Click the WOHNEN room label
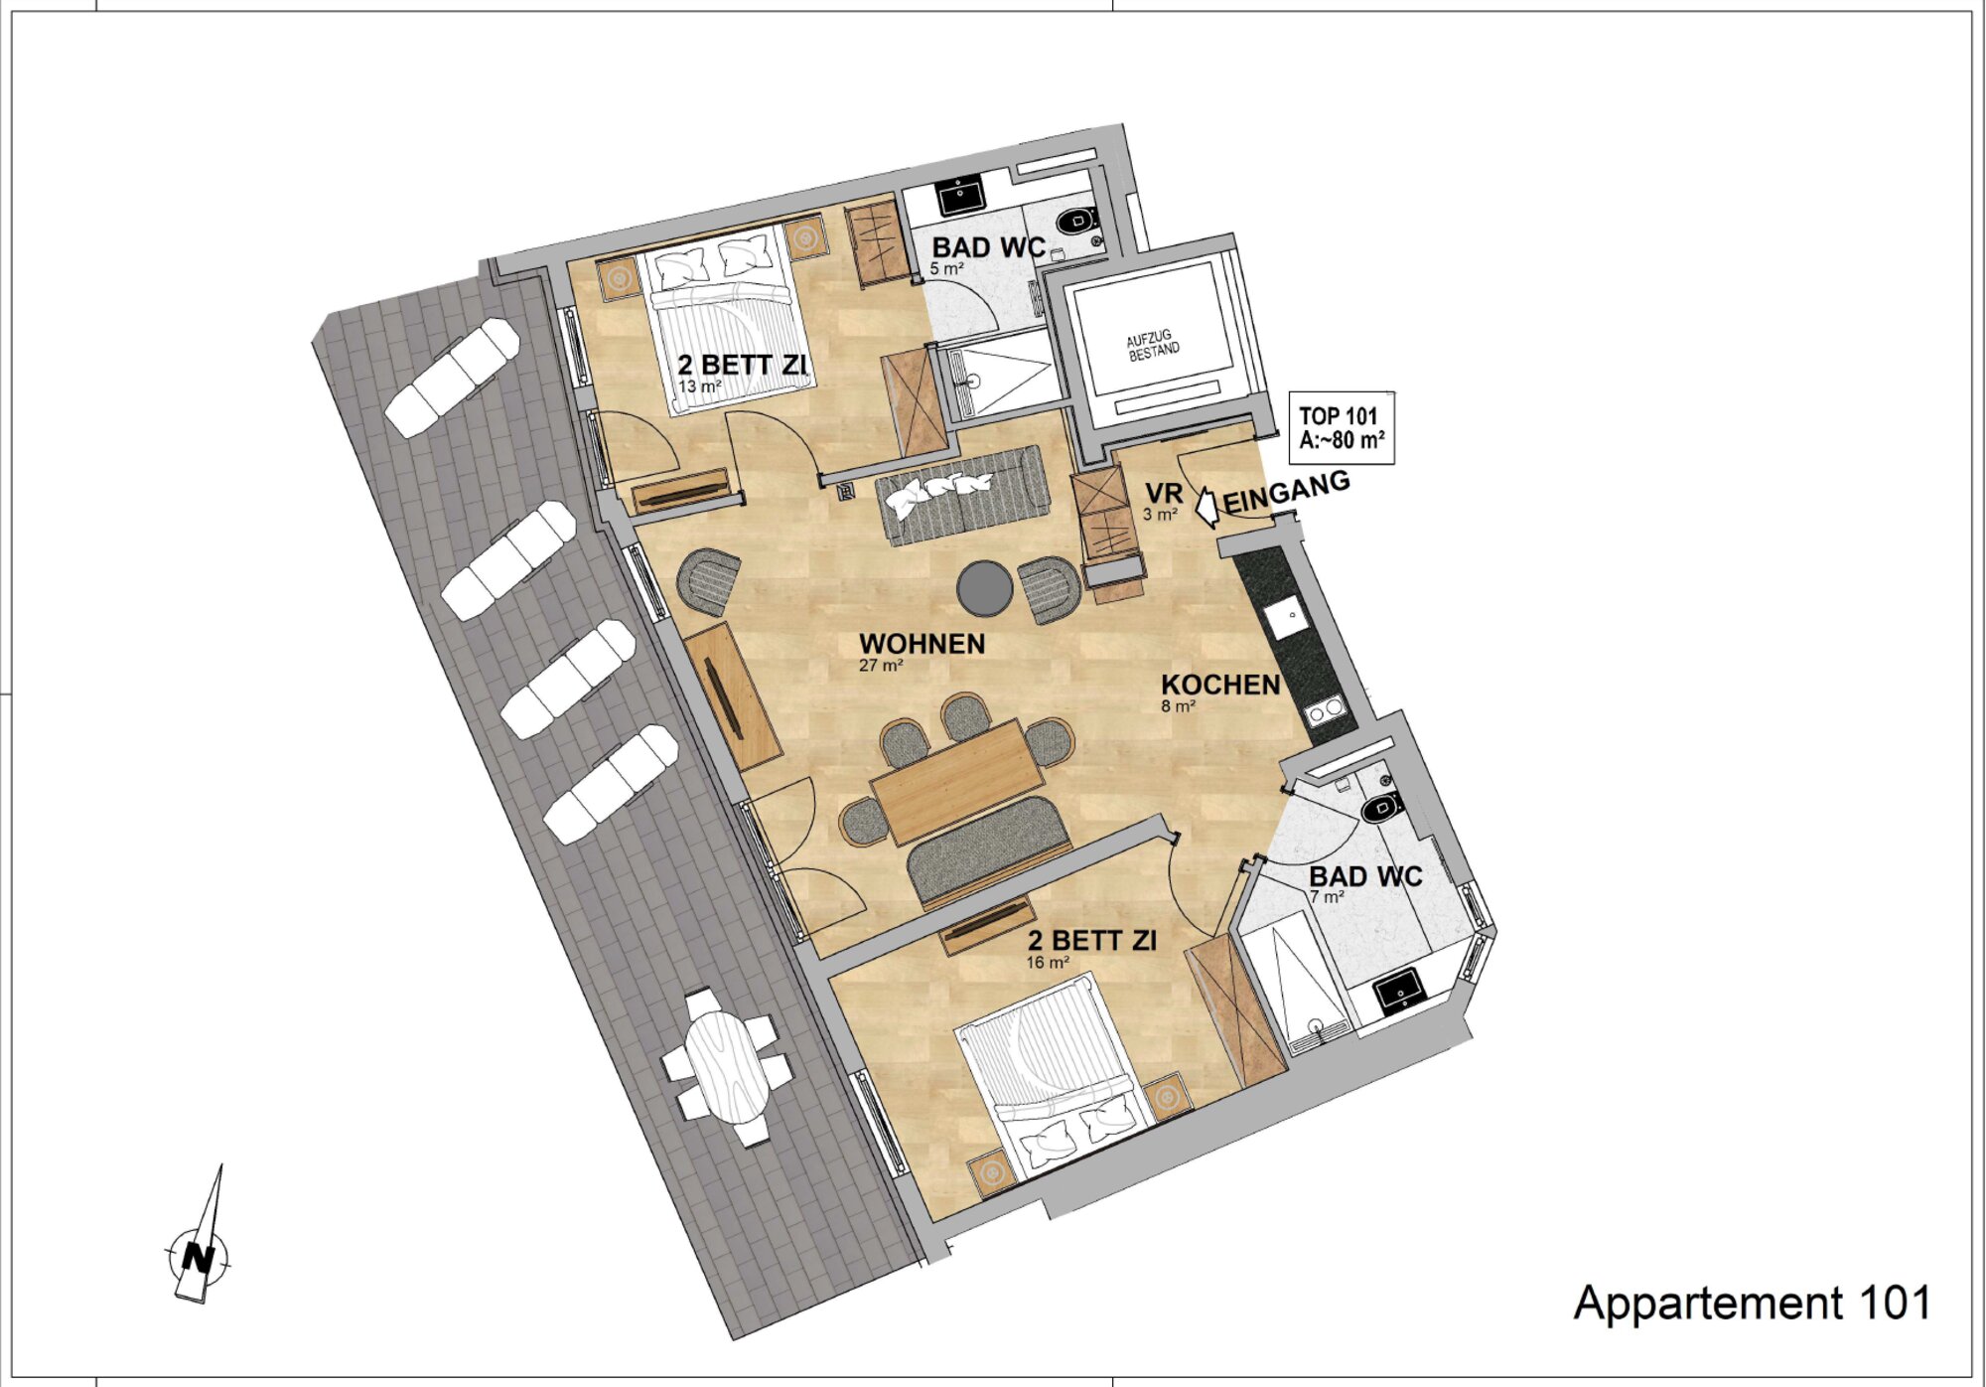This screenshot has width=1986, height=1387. click(922, 644)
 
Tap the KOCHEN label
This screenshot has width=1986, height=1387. click(1220, 685)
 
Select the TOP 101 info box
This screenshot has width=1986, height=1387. click(1343, 428)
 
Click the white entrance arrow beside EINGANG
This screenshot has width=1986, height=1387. click(1206, 506)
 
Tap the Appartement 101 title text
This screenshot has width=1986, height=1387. click(1753, 1304)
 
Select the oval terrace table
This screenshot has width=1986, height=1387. click(730, 1066)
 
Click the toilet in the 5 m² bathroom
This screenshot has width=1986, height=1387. click(1074, 222)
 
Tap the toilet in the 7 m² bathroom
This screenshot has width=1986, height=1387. click(1381, 808)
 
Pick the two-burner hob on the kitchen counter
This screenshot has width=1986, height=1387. click(1327, 711)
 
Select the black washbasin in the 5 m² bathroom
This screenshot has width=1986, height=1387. click(960, 195)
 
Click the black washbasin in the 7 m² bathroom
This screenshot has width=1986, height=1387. click(1399, 992)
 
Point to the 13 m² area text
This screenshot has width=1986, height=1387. click(700, 386)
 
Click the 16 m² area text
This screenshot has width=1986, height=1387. click(1048, 963)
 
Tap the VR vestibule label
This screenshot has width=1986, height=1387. click(1163, 494)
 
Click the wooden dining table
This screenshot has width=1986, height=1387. click(957, 781)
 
